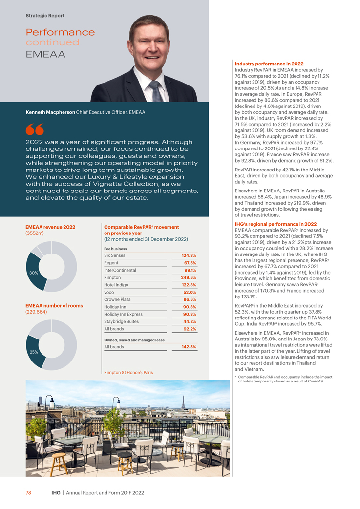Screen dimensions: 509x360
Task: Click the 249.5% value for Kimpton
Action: [188, 278]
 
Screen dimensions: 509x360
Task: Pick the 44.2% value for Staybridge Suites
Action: [190, 322]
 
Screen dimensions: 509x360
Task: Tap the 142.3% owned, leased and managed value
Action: [189, 347]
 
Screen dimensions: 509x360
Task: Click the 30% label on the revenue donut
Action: [33, 273]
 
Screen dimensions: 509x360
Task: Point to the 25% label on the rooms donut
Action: [33, 352]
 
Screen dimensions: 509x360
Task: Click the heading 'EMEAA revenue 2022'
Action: [50, 227]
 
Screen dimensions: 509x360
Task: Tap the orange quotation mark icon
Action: [35, 129]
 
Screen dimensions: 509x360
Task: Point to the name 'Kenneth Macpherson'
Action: [50, 113]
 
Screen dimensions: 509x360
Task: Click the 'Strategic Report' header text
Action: [45, 16]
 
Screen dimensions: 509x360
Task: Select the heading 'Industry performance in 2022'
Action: [269, 64]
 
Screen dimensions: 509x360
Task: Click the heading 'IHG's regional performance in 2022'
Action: [275, 224]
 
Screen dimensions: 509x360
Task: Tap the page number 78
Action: [28, 493]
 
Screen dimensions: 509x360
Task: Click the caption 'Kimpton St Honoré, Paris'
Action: [128, 372]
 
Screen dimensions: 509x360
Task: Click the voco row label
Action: [109, 292]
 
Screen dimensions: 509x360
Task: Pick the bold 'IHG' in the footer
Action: [56, 493]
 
